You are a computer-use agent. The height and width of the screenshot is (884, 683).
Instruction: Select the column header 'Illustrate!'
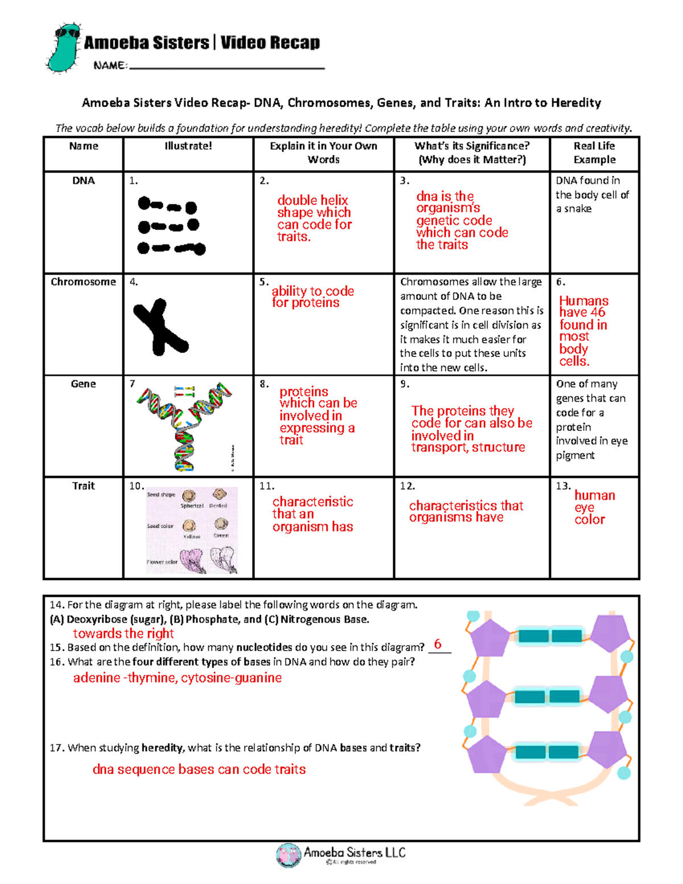188,146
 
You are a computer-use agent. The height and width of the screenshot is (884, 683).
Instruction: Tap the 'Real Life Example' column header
594,153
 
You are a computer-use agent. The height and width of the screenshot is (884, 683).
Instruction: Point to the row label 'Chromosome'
83,282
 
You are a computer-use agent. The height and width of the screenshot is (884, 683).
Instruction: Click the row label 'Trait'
83,486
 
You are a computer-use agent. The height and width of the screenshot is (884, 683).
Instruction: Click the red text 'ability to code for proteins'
312,297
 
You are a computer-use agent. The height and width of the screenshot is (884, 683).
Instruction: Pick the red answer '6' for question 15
437,644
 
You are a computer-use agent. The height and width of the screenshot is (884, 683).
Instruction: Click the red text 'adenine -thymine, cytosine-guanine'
177,678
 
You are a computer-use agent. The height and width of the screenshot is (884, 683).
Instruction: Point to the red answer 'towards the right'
123,634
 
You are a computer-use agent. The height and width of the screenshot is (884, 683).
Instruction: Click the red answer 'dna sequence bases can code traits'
199,770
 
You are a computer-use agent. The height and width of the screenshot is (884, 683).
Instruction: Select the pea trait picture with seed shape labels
191,529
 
